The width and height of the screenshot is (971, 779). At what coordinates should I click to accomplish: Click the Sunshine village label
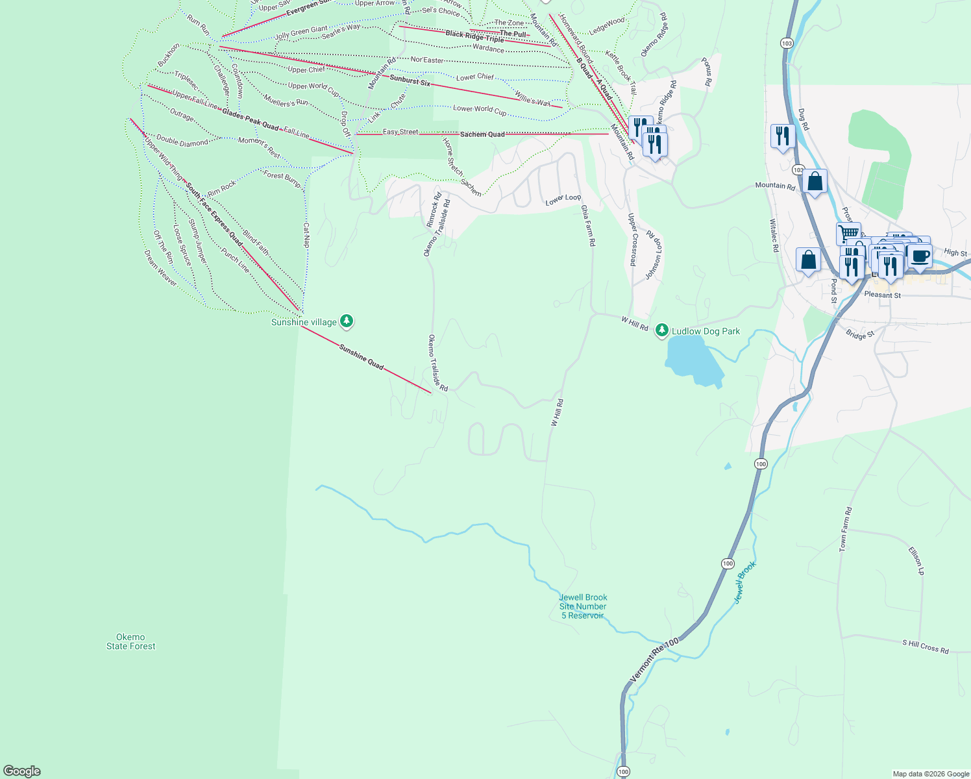coord(304,322)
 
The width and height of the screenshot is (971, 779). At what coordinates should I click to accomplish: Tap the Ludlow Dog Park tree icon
coord(661,330)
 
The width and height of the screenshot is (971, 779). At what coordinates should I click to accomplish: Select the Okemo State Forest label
coord(131,641)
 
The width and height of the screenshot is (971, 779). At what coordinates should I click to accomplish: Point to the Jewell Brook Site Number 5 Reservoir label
coord(583,606)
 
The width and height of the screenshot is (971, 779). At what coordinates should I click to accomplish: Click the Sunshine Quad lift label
coord(362,357)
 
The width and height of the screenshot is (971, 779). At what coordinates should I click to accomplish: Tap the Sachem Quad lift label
coord(482,134)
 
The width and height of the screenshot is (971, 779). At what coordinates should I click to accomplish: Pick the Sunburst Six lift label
coord(410,81)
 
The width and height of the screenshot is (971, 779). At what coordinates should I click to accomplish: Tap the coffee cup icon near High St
coord(920,255)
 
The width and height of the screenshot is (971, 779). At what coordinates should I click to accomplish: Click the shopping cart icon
coord(848,233)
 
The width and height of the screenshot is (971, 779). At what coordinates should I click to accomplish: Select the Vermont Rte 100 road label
coord(654,660)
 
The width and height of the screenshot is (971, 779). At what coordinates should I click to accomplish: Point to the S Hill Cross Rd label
coord(925,646)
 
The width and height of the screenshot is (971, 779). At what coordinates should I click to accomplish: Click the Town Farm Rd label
coord(845,530)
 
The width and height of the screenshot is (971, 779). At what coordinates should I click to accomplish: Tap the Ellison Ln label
coord(916,561)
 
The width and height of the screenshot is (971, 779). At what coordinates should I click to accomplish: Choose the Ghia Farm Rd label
coord(587,225)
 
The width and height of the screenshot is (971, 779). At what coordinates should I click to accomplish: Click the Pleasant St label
coord(882,295)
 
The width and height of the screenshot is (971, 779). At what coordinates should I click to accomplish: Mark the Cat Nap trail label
coord(306,236)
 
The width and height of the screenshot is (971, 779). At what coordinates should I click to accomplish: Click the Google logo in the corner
coord(21,771)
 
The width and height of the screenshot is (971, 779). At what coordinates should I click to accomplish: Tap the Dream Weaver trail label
coord(160,267)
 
